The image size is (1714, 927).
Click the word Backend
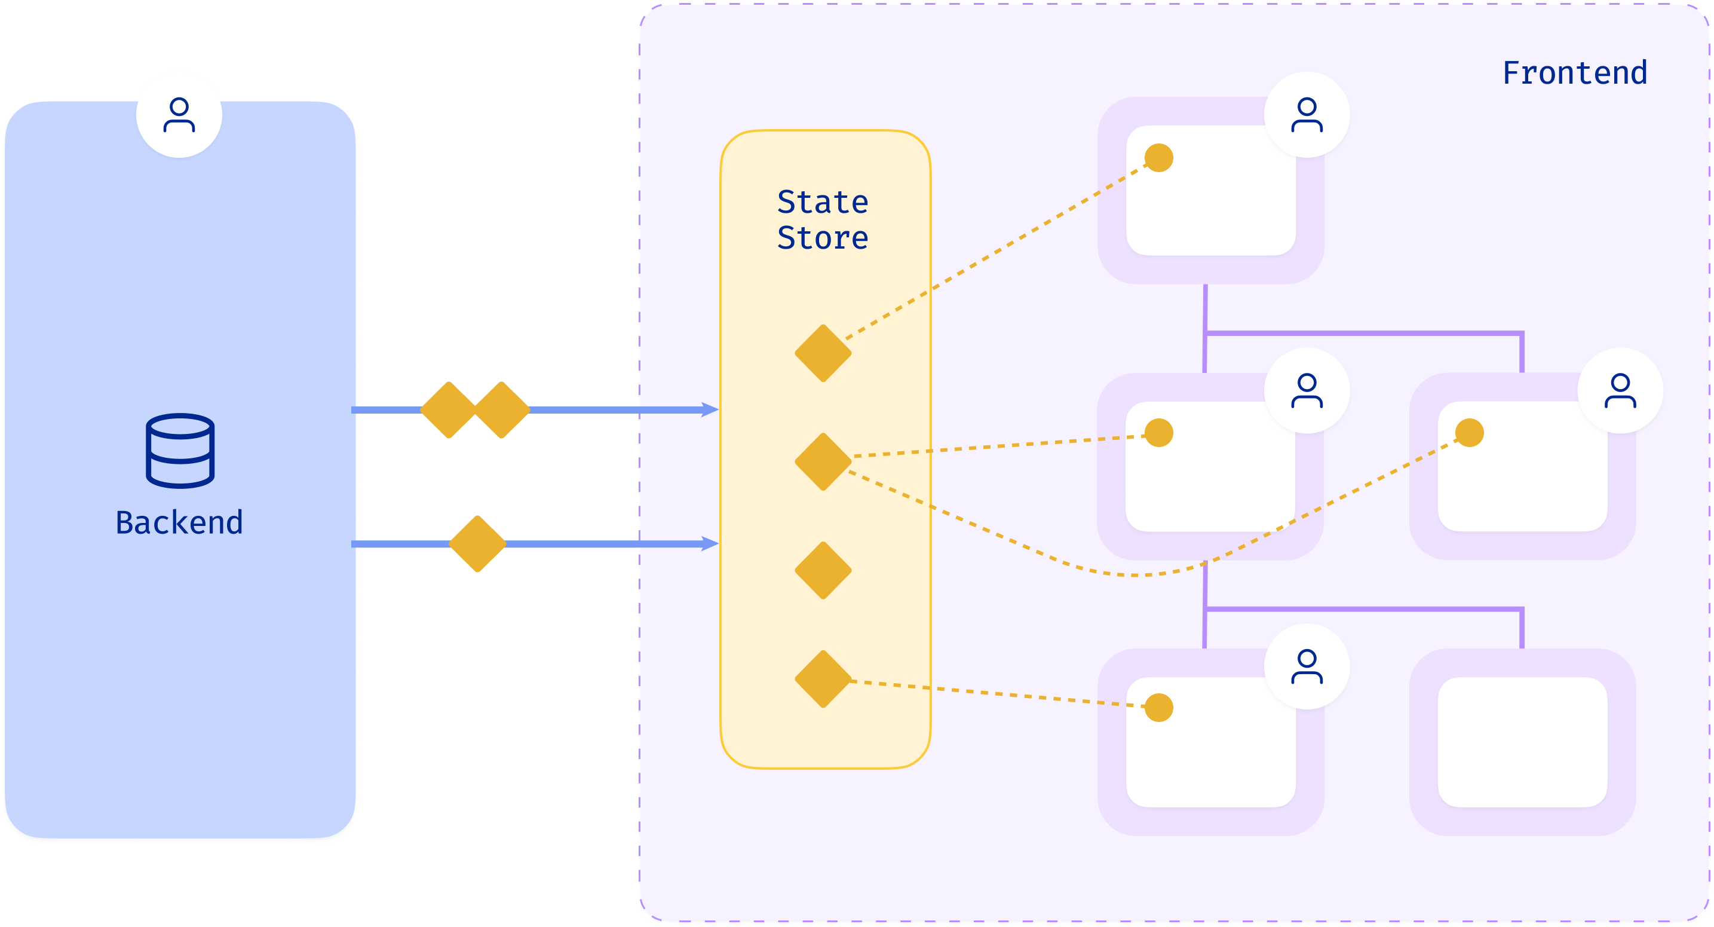tap(179, 522)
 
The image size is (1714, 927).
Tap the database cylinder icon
tap(180, 451)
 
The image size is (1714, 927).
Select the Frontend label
tap(1574, 73)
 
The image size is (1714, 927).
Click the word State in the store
tap(823, 202)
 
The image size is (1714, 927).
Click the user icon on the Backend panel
tap(179, 115)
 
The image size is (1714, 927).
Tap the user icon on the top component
tap(1306, 115)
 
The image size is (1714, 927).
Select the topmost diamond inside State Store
tap(823, 353)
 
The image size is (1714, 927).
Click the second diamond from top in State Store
tap(823, 462)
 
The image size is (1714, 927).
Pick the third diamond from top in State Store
tap(823, 570)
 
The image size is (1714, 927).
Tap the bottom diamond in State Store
tap(823, 679)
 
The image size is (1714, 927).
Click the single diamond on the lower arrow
tap(477, 544)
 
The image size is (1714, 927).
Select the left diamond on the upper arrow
tap(449, 410)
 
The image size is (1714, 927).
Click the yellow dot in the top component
tap(1158, 158)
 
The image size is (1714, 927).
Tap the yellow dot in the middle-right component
tap(1469, 433)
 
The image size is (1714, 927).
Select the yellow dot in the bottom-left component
tap(1158, 708)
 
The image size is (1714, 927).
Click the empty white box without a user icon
tap(1522, 742)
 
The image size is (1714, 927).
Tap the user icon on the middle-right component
tap(1620, 391)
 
